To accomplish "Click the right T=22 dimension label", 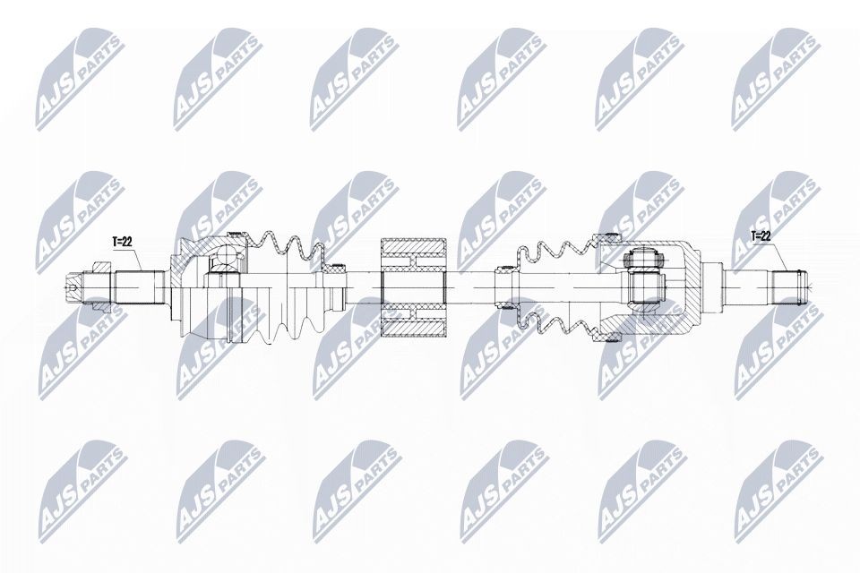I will point(759,236).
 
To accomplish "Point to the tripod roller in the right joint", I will point(643,261).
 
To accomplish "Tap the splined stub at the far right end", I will point(789,286).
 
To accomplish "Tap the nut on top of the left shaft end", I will point(100,266).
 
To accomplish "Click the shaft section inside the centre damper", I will point(414,286).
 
